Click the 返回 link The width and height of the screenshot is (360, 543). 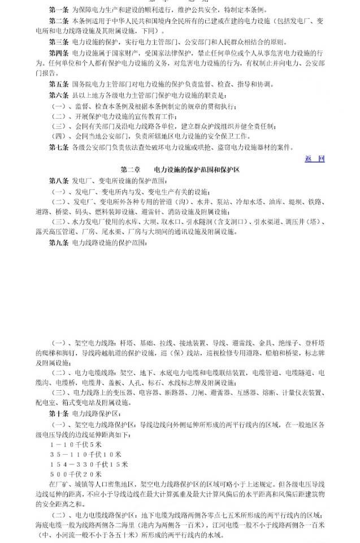[314, 158]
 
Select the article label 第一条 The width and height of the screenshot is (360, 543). [59, 11]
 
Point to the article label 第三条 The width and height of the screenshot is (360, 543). [59, 42]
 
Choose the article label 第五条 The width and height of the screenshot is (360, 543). [59, 84]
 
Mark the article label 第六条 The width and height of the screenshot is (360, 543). [59, 95]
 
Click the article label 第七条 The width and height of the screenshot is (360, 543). [59, 147]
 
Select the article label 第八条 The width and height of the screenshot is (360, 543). [59, 180]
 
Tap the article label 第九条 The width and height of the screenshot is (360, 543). [59, 243]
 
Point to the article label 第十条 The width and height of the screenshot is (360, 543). [59, 414]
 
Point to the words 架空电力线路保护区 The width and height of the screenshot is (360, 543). [105, 424]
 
